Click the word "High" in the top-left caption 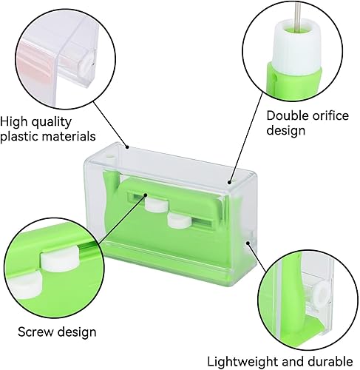point(14,121)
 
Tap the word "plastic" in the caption point(18,136)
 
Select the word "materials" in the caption point(68,136)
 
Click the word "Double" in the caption point(287,115)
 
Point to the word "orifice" point(330,115)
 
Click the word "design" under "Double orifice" point(286,130)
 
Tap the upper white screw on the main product point(156,204)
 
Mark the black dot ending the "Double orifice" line point(229,182)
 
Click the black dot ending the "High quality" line point(127,147)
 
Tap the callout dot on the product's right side point(248,243)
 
